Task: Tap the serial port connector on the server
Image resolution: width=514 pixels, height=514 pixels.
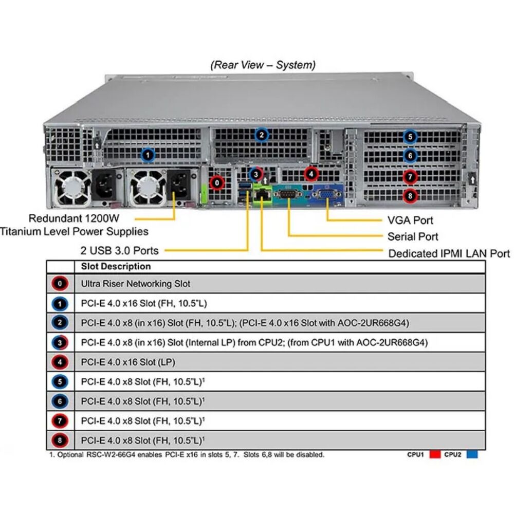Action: pos(287,194)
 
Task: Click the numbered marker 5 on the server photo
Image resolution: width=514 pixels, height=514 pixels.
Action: pos(410,137)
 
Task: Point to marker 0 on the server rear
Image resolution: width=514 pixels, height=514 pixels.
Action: pos(217,183)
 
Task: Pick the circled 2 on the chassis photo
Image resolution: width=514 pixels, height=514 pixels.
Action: pos(261,135)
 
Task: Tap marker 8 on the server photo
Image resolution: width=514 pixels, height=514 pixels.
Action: pos(410,196)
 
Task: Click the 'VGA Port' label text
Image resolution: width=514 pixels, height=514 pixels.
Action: pos(410,221)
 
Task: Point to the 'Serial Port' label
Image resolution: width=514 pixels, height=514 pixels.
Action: pos(412,236)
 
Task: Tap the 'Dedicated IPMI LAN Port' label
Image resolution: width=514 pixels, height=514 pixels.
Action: pos(449,253)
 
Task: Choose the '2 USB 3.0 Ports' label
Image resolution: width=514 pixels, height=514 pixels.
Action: pos(119,251)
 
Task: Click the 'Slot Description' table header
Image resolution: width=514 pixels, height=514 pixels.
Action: pos(116,266)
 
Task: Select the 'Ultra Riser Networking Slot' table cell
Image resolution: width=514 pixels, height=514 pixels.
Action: pos(135,284)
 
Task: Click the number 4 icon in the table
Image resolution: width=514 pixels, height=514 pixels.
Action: pos(60,362)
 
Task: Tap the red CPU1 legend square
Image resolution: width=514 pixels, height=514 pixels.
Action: pos(435,455)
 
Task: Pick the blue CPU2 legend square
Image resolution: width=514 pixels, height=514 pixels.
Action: pos(472,455)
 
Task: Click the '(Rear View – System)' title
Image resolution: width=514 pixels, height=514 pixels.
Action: pos(263,65)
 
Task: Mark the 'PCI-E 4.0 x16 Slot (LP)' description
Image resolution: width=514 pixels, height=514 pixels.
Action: pos(128,362)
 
